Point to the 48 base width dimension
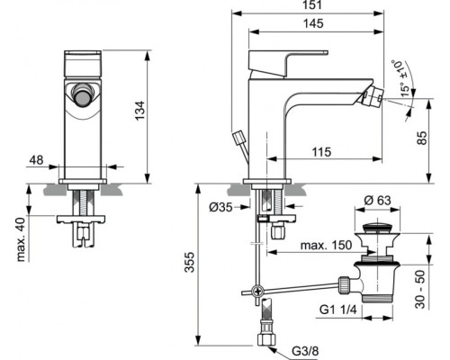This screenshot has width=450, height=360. [x=36, y=160]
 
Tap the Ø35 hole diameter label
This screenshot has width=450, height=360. [x=221, y=208]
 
